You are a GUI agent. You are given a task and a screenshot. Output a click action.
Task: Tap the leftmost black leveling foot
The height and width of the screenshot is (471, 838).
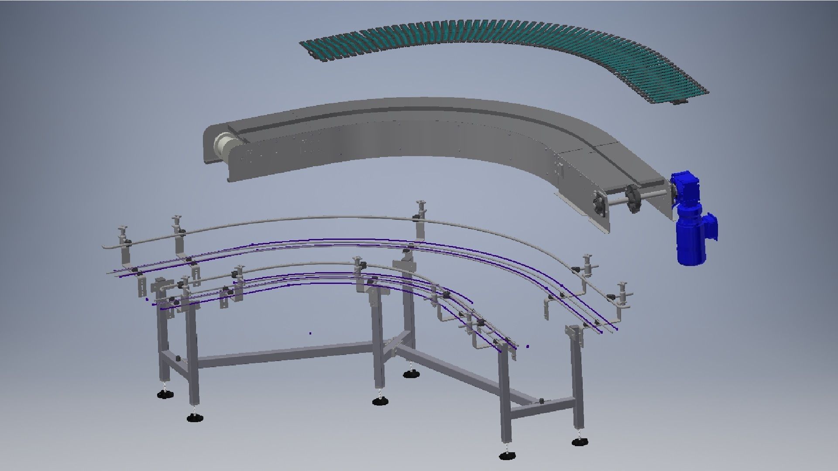click(165, 394)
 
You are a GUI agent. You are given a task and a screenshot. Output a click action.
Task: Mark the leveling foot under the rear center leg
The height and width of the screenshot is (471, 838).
click(409, 374)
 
